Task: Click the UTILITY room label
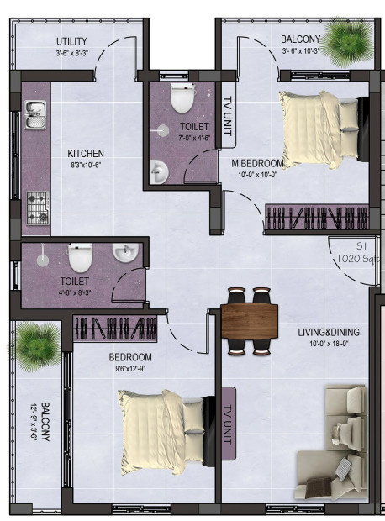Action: pos(72,41)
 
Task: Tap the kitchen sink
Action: pos(34,114)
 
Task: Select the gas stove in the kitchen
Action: pos(37,206)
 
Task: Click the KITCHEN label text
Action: pos(86,154)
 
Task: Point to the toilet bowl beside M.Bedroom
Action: pos(180,99)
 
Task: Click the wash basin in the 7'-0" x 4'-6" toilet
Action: pos(160,171)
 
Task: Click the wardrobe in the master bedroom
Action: pos(317,218)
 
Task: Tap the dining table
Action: pos(250,320)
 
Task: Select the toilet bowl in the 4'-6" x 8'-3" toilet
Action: pos(80,258)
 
